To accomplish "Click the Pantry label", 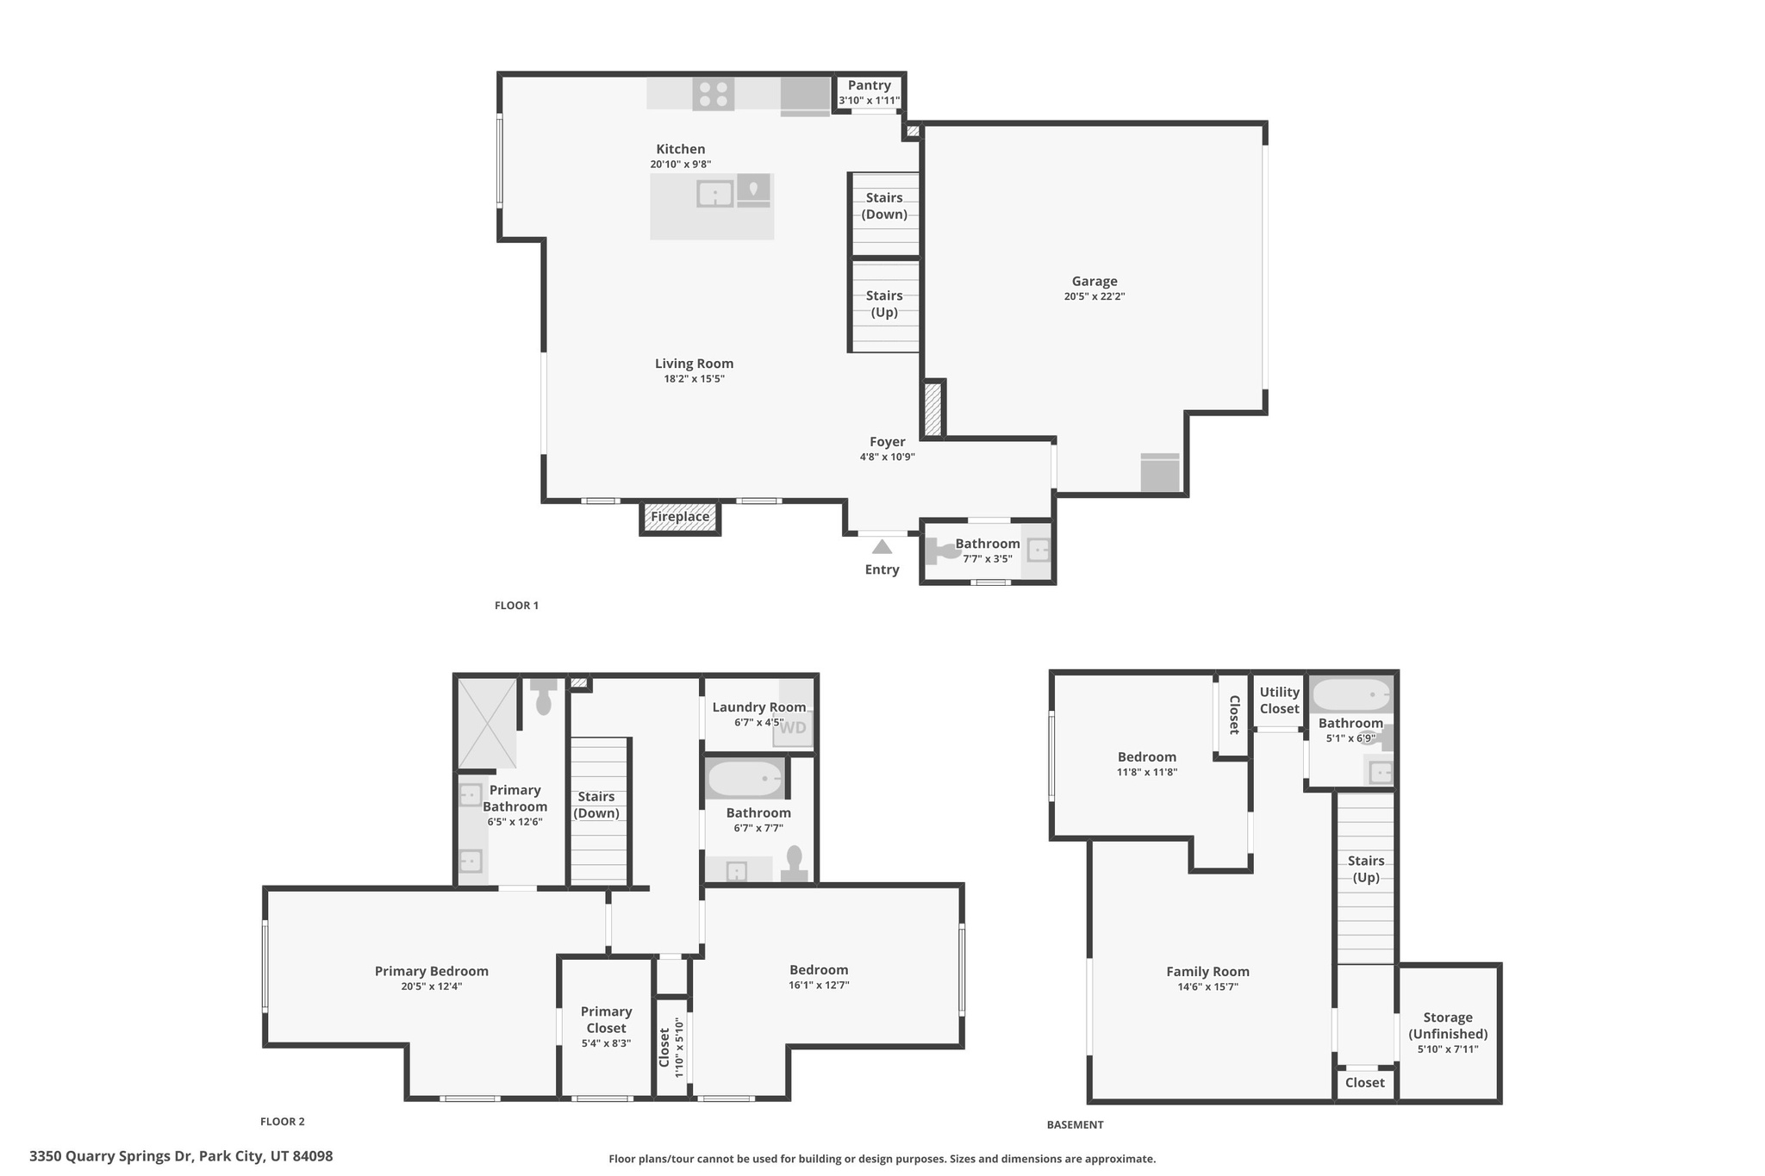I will (x=869, y=85).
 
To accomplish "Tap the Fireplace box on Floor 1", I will (x=680, y=517).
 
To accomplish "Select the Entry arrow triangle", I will (x=882, y=547).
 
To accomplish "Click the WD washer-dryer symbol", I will (x=793, y=728).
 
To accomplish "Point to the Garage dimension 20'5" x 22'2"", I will (x=1095, y=296).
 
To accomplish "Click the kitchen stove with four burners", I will (x=713, y=94).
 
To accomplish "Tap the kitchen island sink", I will (x=714, y=194).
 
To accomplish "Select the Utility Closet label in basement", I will (x=1279, y=700).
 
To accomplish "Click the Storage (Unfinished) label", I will (x=1448, y=1025).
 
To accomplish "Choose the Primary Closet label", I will (x=606, y=1019).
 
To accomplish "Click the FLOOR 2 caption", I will (x=283, y=1122).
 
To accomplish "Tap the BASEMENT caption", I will (x=1075, y=1124).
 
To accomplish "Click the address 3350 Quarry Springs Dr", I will (x=181, y=1156).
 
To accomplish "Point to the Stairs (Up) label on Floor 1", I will (x=884, y=304).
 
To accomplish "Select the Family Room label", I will (x=1207, y=972).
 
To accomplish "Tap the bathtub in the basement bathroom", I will (x=1350, y=694).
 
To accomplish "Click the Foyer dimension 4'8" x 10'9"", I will (x=887, y=457).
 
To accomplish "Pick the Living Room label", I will (x=694, y=364).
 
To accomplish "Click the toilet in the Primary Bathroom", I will (x=544, y=698).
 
